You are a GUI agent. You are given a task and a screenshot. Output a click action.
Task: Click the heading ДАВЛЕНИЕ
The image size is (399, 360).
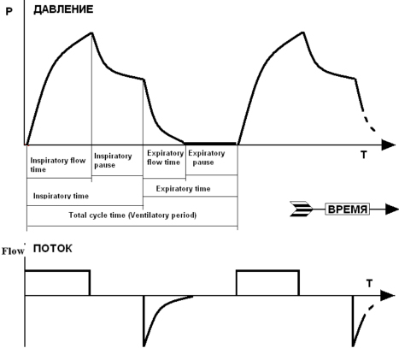[63, 9]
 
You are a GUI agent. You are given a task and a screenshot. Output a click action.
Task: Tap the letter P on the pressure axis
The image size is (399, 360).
[9, 11]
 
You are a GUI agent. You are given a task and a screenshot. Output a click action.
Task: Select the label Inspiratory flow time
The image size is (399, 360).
[58, 165]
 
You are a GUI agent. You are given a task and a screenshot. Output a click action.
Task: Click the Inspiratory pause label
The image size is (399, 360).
[113, 161]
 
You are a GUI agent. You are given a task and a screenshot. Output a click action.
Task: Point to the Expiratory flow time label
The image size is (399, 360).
[165, 157]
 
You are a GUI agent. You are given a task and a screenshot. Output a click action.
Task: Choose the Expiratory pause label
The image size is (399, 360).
[207, 157]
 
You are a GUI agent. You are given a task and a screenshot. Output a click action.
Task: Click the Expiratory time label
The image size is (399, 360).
[183, 189]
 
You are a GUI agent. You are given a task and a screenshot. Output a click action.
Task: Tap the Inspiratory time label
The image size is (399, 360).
[61, 196]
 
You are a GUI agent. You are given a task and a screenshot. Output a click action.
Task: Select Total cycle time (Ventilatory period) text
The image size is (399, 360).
[132, 215]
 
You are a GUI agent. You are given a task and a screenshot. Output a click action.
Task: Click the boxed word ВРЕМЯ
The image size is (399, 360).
[347, 210]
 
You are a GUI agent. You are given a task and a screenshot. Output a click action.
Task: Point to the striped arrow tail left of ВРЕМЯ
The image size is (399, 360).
[301, 209]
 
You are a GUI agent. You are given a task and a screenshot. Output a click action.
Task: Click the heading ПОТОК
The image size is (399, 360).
[53, 249]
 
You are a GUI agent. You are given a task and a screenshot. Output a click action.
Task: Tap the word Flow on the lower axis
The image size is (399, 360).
[13, 251]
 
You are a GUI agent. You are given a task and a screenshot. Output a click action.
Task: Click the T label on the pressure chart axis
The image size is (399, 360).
[364, 155]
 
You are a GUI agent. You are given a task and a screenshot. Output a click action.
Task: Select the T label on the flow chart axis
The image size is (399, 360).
[369, 284]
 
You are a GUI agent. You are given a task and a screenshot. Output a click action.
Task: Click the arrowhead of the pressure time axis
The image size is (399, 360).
[389, 145]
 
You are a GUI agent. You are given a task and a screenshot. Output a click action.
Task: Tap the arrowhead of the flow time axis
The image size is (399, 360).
[388, 296]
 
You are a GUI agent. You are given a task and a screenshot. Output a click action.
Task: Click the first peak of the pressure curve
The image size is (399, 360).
[91, 32]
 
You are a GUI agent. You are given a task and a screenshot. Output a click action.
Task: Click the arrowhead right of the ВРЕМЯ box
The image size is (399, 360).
[392, 210]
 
